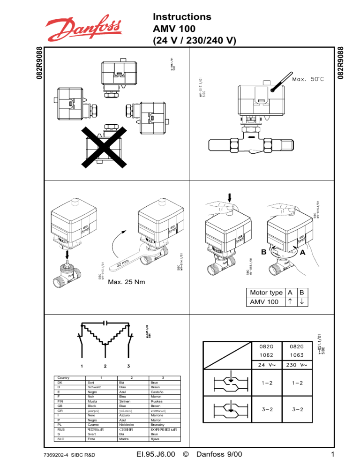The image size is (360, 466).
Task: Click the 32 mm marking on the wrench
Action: tap(123, 266)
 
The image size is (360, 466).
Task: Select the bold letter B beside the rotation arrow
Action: tap(263, 252)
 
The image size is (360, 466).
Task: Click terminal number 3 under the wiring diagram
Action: tap(128, 366)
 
